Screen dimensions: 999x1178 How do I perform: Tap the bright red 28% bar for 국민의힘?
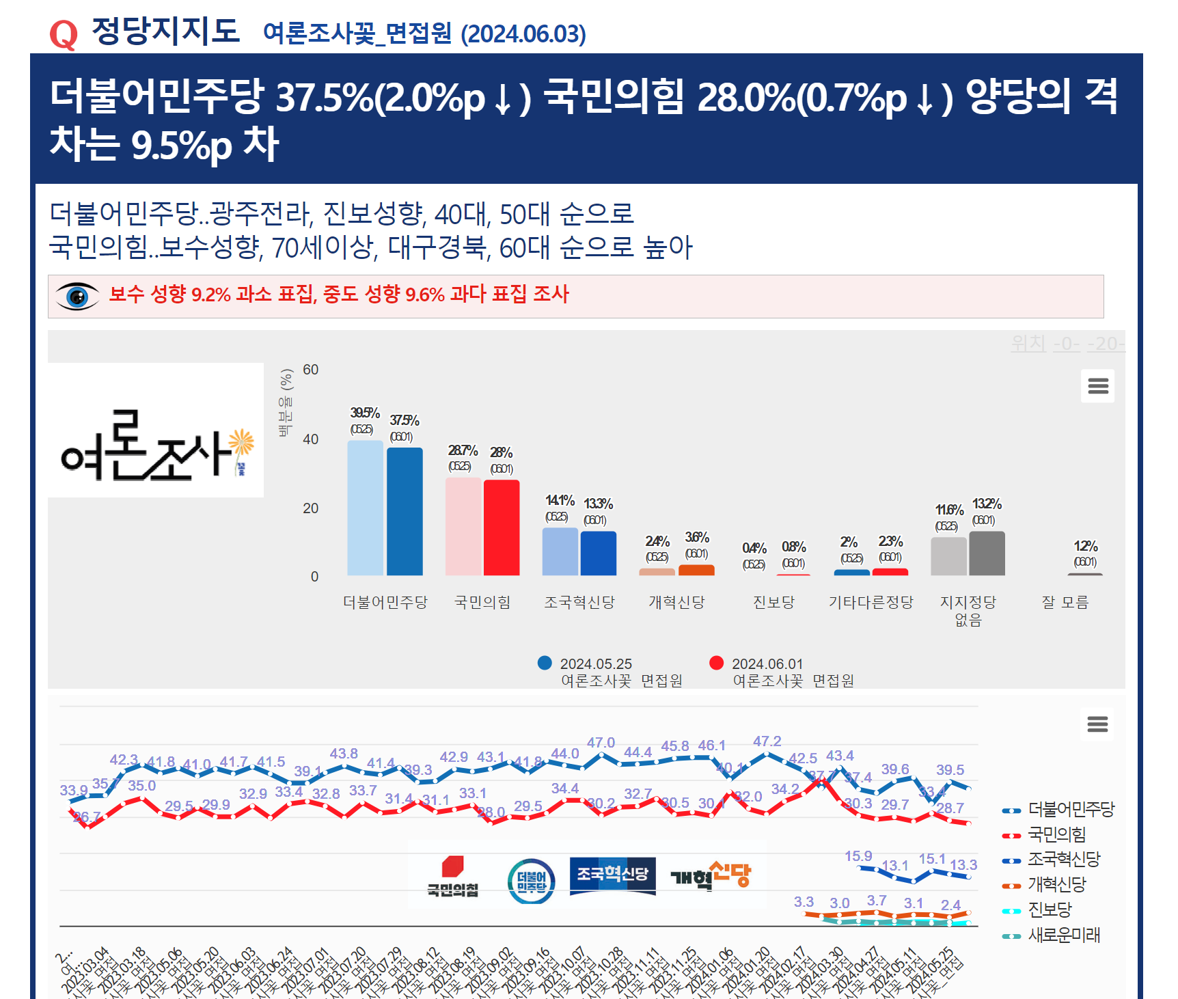(502, 528)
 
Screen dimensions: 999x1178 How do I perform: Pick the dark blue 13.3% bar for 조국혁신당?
(599, 553)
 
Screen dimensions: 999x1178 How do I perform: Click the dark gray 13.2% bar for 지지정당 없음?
(987, 553)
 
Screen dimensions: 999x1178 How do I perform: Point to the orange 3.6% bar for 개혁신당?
(696, 570)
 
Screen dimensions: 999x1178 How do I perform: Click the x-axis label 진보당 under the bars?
(773, 602)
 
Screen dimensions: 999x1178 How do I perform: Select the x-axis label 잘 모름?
(1065, 602)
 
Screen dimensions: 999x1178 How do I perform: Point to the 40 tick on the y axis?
(310, 439)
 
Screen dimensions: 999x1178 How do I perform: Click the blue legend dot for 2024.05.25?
(545, 663)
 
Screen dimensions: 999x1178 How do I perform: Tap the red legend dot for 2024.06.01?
(716, 663)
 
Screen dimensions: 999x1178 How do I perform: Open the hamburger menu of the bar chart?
(1097, 386)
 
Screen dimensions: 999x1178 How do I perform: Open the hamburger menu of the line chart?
(1097, 724)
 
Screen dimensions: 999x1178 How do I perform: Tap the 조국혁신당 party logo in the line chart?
(612, 875)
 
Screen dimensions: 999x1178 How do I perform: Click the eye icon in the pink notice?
(77, 297)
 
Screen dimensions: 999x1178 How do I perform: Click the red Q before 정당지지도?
(64, 34)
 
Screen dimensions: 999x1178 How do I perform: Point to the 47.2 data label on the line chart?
(767, 741)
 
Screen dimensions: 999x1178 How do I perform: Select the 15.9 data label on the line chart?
(858, 856)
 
